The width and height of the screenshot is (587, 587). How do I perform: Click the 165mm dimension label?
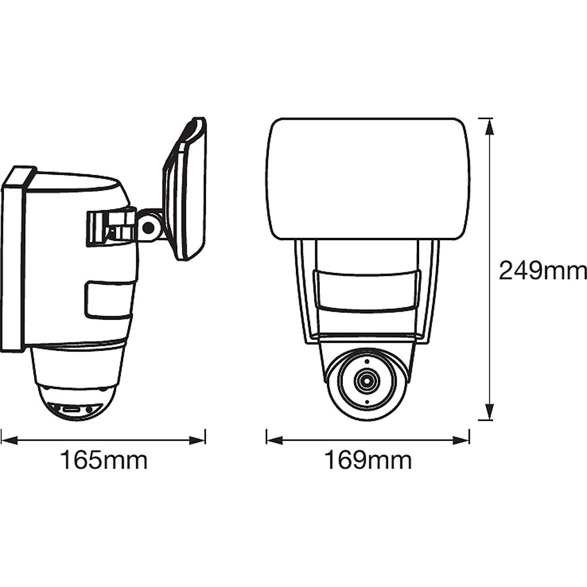(x=104, y=460)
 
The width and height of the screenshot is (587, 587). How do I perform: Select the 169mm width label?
(x=368, y=460)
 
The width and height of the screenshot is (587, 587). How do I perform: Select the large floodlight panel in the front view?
(x=368, y=178)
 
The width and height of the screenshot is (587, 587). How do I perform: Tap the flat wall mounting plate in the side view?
(x=14, y=258)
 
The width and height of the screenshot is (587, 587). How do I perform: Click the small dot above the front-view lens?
(x=367, y=360)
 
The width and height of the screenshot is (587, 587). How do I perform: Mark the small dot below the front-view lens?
(x=367, y=403)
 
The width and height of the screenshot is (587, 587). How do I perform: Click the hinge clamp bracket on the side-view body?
(x=112, y=227)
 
